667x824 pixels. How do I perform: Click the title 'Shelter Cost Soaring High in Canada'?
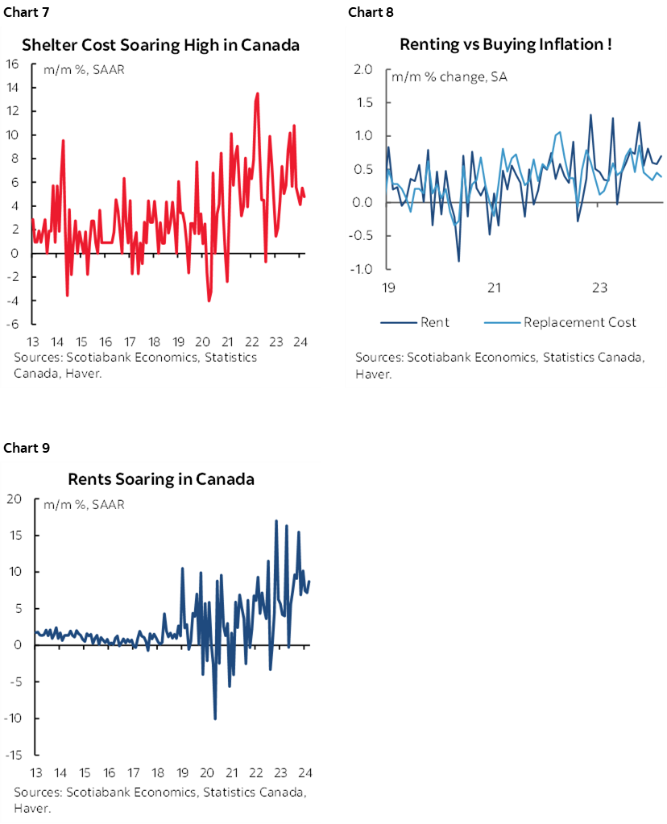(x=160, y=44)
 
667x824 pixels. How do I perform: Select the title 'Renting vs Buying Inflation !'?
(x=505, y=44)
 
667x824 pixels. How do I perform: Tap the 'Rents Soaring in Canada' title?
(x=160, y=479)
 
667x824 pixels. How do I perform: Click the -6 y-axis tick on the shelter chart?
(x=14, y=324)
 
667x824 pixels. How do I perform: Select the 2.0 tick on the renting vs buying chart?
(x=362, y=70)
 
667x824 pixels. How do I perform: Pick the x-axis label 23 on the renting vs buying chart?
(x=599, y=288)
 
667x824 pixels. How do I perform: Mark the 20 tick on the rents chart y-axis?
(x=14, y=499)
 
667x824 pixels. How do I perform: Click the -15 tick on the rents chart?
(x=12, y=755)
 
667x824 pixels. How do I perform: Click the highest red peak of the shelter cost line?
(x=257, y=93)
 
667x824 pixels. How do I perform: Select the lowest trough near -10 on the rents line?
(x=215, y=718)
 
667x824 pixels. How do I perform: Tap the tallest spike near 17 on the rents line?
(x=276, y=521)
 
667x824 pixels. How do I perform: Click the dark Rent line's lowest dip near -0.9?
(x=459, y=261)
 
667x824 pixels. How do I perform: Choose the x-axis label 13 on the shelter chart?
(x=34, y=340)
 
